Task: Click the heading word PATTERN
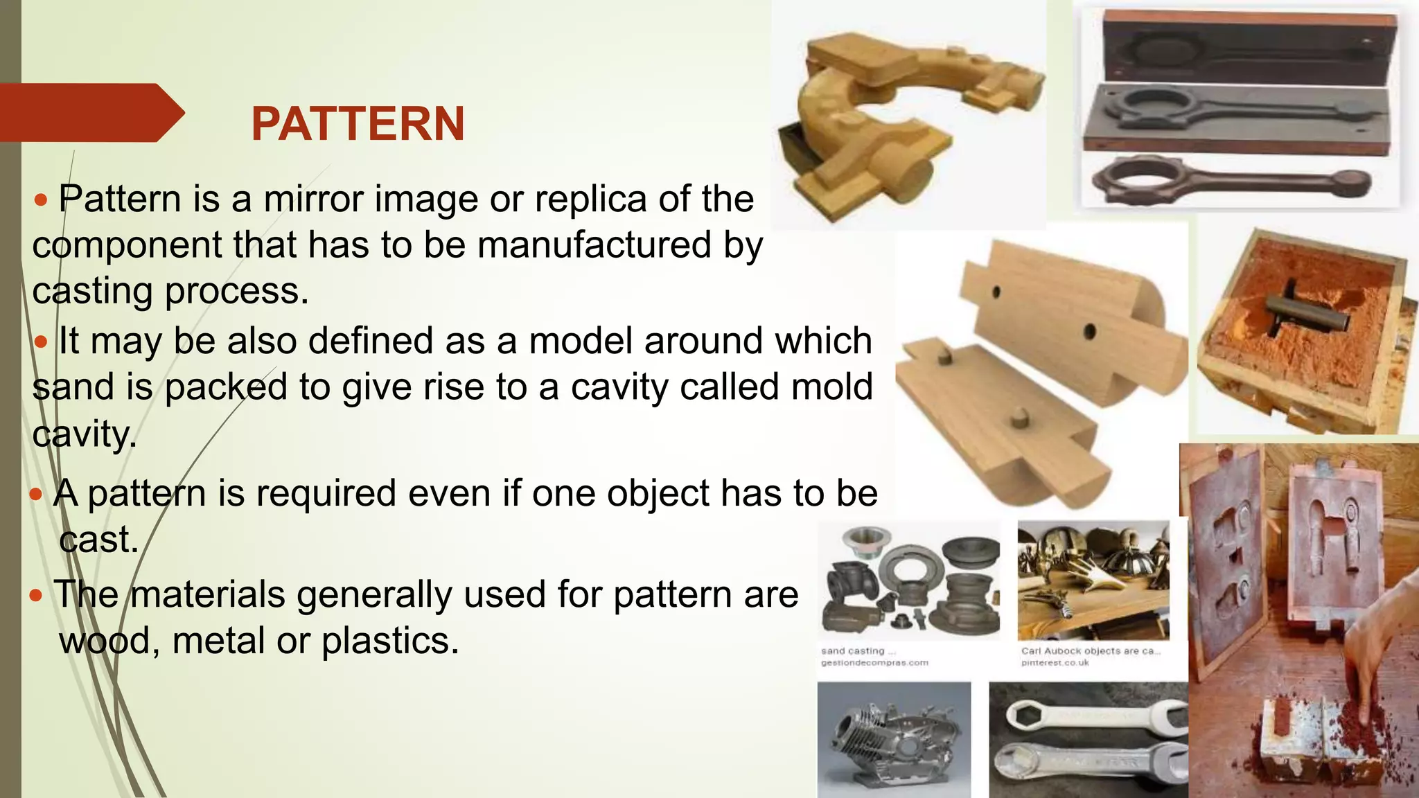point(358,125)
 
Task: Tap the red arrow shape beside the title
point(90,113)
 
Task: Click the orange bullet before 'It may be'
point(42,342)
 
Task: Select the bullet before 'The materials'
point(37,595)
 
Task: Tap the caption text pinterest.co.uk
point(1055,663)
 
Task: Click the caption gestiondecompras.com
point(874,663)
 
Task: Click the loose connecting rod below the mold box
point(1230,181)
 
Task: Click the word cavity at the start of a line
point(83,435)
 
